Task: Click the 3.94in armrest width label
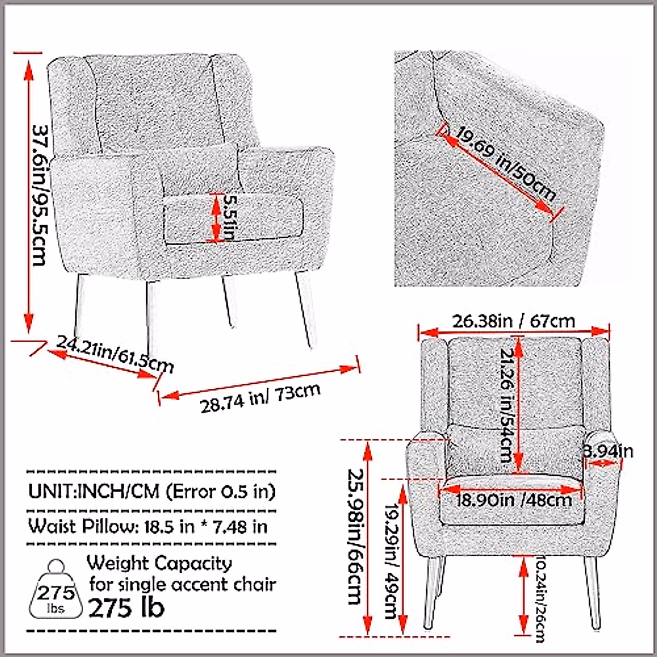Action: tap(608, 451)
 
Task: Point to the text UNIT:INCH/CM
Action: tap(94, 491)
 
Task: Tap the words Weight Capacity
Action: tap(159, 563)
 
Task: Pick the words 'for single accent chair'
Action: tap(182, 584)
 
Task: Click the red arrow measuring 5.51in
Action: tap(214, 217)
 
